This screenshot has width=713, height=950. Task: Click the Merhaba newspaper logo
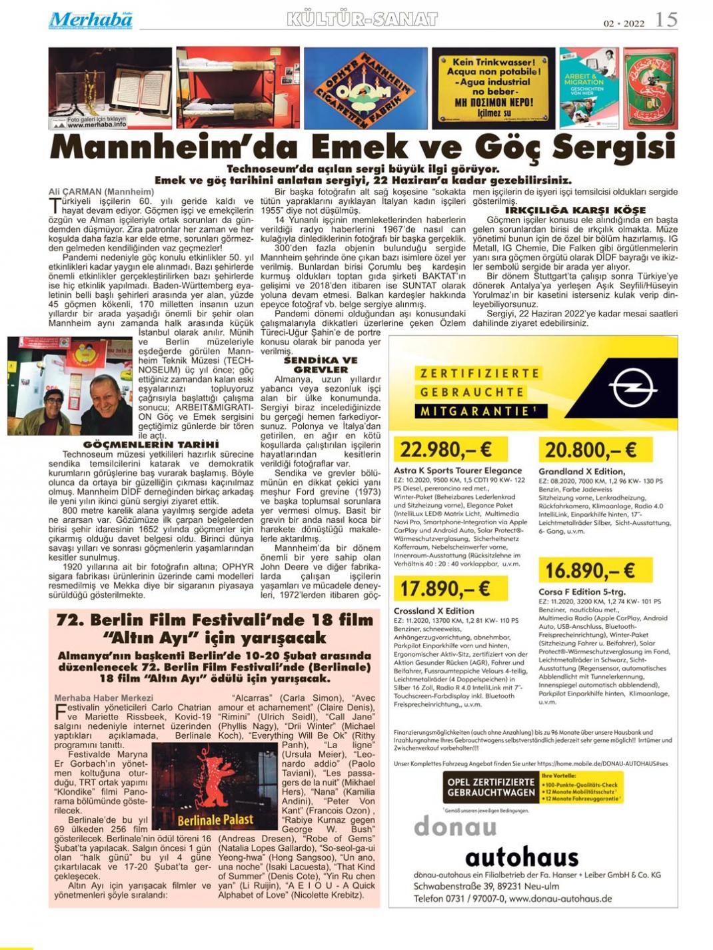pos(90,20)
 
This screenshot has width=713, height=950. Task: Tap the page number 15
pos(666,19)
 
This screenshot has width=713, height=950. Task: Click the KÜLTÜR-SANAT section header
pos(362,19)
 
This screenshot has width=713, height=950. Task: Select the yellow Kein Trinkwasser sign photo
pos(493,88)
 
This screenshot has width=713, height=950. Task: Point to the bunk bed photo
pos(238,87)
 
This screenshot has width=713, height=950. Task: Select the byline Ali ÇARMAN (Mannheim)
pos(101,192)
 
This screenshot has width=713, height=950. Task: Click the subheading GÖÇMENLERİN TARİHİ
pos(151,444)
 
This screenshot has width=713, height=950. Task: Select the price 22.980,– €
pos(442,451)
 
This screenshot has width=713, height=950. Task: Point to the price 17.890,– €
pos(442,589)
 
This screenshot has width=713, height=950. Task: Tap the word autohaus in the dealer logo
pos(522,857)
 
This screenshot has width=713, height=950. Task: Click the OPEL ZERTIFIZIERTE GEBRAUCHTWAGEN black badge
pos(491,787)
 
